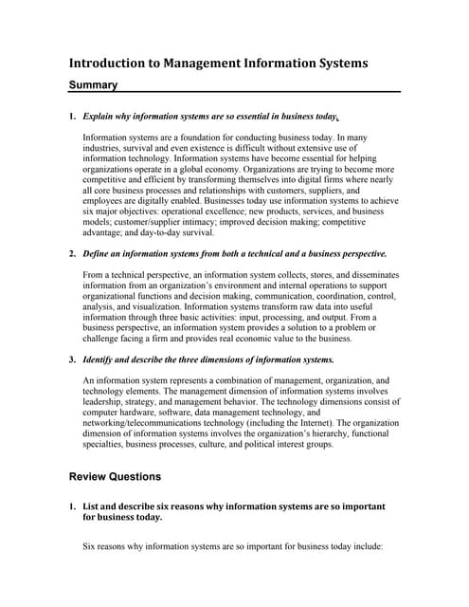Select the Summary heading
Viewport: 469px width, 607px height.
94,85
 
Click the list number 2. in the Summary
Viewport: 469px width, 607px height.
72,254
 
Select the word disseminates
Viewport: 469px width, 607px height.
372,275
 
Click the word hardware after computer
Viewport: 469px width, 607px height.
150,412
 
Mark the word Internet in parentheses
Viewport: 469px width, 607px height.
300,422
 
